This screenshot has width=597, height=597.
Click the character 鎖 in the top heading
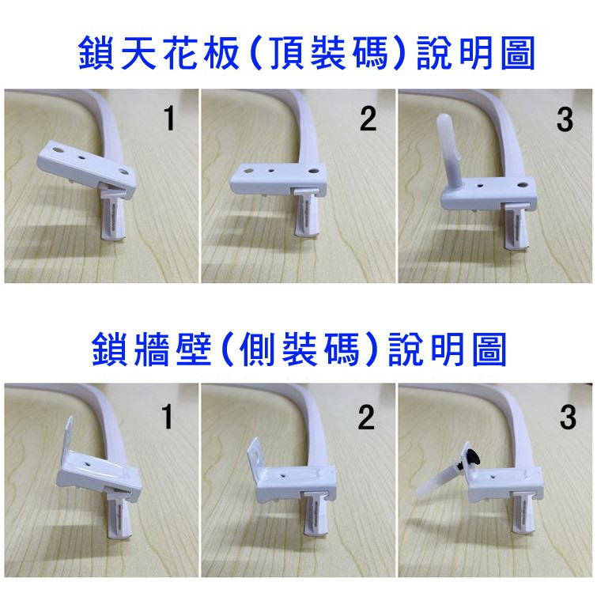click(96, 53)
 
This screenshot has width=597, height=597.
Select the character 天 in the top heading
click(138, 53)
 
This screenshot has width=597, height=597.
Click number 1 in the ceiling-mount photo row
click(169, 119)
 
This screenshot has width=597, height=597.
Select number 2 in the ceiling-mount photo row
click(368, 119)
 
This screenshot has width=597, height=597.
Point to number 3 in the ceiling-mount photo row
click(565, 120)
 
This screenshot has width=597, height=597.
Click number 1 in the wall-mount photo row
click(167, 417)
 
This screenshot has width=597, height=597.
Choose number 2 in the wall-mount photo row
click(366, 418)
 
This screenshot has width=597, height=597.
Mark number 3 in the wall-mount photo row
click(568, 418)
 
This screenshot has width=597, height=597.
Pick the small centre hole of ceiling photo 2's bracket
click(270, 171)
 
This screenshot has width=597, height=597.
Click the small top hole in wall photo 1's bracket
click(89, 464)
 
